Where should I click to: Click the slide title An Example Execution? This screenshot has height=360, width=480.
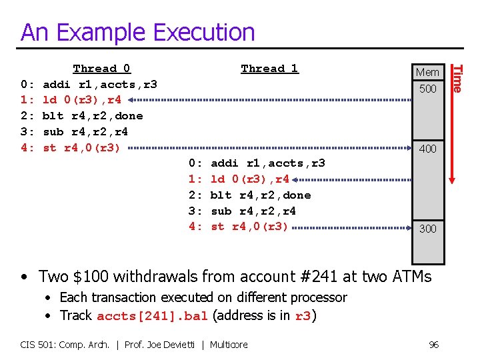[137, 32]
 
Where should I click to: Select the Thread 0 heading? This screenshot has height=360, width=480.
[101, 69]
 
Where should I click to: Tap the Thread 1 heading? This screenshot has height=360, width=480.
[269, 69]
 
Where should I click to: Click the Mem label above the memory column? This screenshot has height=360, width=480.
[427, 72]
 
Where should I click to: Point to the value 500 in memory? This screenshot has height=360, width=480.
[427, 89]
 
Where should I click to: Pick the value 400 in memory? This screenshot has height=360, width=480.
[427, 149]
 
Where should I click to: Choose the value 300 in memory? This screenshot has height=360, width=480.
[427, 229]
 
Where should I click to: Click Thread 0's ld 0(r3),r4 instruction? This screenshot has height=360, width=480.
[82, 101]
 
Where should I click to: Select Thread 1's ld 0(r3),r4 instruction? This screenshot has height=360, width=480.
[250, 179]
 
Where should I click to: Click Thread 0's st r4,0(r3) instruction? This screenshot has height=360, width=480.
[82, 148]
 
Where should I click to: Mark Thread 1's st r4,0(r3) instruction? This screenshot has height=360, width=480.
[250, 227]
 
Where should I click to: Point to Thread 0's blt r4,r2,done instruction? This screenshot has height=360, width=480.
[93, 117]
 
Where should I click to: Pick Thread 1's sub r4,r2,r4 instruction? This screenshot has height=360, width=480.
[253, 211]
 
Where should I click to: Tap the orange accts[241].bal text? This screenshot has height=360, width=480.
[152, 316]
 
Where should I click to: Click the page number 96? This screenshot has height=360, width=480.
[434, 345]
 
